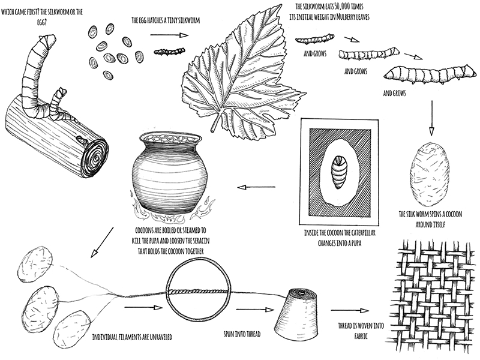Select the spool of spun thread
point(300,312)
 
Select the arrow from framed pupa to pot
point(253,187)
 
